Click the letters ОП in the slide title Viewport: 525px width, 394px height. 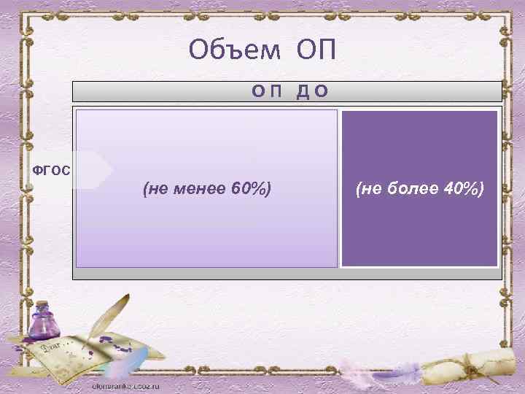(x=316, y=50)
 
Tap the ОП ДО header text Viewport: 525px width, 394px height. (x=289, y=91)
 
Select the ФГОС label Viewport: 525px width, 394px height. (x=51, y=171)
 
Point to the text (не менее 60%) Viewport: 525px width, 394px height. (x=207, y=190)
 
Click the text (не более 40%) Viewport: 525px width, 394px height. (x=419, y=190)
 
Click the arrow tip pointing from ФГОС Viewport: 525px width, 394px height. (x=111, y=171)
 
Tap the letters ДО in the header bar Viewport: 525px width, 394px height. (x=312, y=91)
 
